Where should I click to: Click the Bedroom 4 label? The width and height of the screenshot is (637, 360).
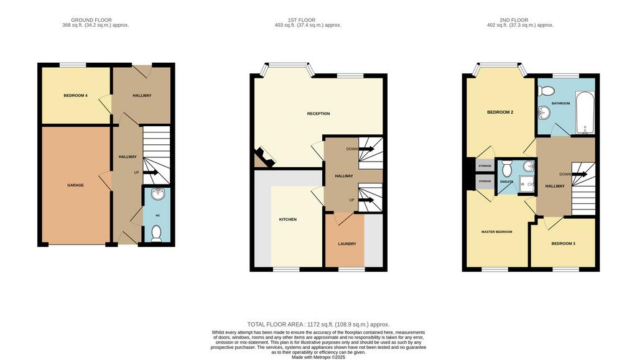75,96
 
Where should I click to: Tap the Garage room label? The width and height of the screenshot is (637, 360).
75,185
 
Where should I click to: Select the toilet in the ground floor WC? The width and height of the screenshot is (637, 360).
156,233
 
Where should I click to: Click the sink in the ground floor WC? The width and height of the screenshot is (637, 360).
157,194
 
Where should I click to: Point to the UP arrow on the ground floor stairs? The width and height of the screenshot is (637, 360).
151,172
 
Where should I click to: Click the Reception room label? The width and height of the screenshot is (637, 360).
318,114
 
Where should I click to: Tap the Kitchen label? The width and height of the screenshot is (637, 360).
287,219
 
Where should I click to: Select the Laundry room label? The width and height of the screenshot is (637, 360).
347,244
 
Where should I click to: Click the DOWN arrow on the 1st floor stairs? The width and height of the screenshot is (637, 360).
366,149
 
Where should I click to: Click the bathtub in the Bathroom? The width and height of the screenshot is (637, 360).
585,113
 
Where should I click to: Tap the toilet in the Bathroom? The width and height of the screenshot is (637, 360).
546,90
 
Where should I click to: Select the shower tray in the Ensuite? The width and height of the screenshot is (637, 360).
527,185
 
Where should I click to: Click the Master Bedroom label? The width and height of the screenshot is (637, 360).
497,232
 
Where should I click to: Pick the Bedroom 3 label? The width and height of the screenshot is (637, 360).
563,244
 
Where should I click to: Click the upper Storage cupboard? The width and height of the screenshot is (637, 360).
485,165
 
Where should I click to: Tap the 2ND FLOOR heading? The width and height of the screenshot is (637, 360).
514,20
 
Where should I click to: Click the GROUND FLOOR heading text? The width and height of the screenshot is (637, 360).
91,20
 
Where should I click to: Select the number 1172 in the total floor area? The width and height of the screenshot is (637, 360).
314,325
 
